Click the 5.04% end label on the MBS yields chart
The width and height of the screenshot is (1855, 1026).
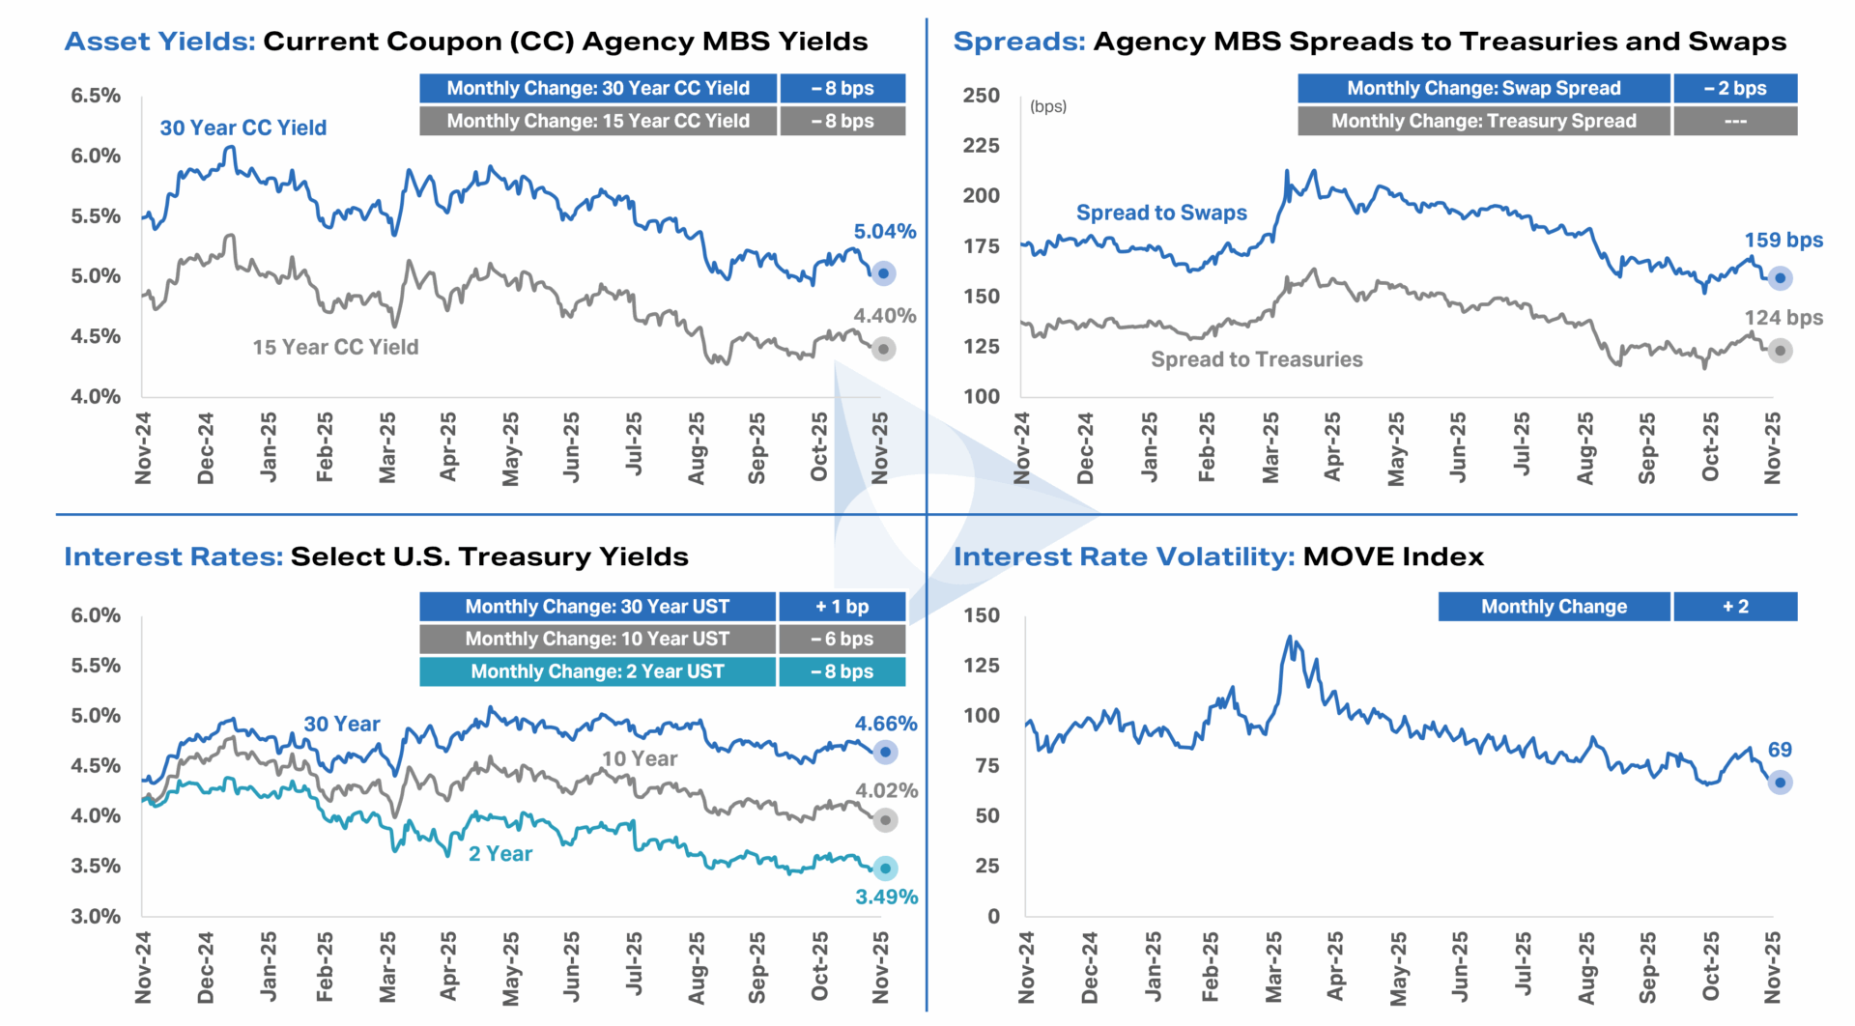pos(884,232)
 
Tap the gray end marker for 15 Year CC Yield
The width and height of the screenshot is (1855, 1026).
pos(883,349)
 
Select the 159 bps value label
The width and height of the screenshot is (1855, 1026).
pos(1783,241)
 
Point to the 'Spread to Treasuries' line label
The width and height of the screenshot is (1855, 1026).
pos(1256,359)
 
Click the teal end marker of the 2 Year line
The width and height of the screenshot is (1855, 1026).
pos(885,868)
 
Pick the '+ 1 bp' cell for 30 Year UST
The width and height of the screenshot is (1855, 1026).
pos(842,607)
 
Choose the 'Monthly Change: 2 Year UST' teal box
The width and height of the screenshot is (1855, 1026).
pos(597,671)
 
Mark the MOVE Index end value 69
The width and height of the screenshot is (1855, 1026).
pos(1780,750)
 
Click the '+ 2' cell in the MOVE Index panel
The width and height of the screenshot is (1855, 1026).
pos(1735,607)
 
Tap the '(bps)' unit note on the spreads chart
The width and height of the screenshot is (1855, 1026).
pos(1048,106)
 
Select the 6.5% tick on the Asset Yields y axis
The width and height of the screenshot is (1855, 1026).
pos(96,96)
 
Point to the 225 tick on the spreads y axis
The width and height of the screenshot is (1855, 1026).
pos(981,146)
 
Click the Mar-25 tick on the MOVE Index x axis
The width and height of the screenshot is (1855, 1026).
pos(1273,966)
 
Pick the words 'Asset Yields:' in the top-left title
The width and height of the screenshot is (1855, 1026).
pos(159,42)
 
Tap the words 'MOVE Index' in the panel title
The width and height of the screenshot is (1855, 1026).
pos(1393,556)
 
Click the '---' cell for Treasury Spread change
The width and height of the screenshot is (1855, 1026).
pos(1735,121)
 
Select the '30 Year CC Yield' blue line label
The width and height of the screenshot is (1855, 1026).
pos(243,128)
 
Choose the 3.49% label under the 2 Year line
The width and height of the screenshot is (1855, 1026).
pos(886,897)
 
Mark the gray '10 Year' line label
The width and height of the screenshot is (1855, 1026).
pos(640,759)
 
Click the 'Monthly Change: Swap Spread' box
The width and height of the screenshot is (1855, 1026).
pos(1483,88)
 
